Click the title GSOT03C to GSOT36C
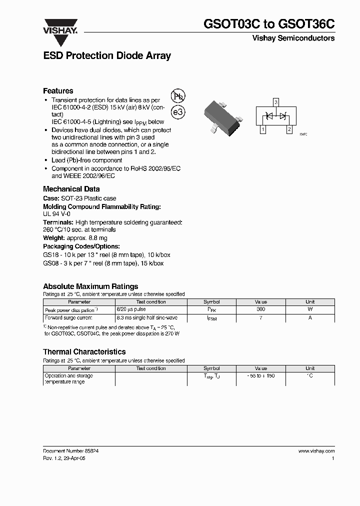[269, 24]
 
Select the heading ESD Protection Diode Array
[107, 56]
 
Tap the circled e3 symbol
[178, 112]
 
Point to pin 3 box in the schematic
[275, 102]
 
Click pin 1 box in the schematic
[262, 129]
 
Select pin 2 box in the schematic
[289, 129]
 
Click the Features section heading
[58, 91]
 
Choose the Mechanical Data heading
[71, 189]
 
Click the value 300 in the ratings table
[260, 310]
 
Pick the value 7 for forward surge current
[260, 318]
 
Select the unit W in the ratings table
[310, 310]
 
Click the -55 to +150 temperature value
[260, 375]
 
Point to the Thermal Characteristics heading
[84, 352]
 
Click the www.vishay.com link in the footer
[316, 450]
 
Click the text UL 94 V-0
[56, 213]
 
